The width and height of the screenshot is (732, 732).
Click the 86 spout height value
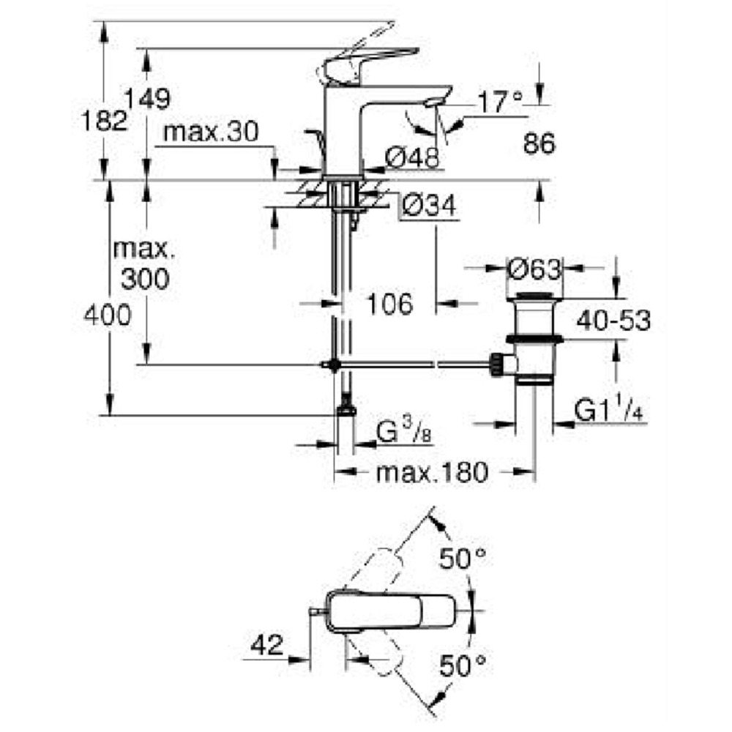pos(539,144)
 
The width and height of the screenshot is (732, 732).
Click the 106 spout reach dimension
pos(389,303)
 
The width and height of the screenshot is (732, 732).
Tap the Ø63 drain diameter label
pos(534,269)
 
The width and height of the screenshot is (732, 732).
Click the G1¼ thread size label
pos(608,412)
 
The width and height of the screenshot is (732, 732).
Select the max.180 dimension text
pos(431,473)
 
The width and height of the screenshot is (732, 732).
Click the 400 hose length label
pos(107,316)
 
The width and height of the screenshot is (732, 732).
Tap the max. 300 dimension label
pos(145,264)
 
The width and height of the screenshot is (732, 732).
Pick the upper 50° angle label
pos(463,561)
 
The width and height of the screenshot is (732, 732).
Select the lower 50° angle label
pos(463,665)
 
